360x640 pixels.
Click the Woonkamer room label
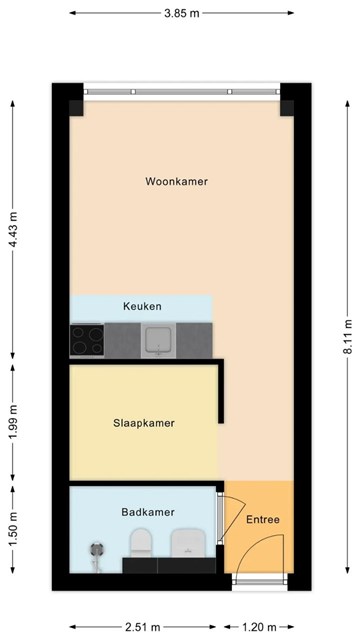click(x=176, y=182)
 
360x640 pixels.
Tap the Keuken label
click(x=142, y=306)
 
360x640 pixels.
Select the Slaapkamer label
click(x=144, y=423)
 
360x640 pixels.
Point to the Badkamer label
click(x=148, y=512)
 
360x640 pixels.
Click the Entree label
click(x=263, y=520)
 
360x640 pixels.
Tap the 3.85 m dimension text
click(x=182, y=13)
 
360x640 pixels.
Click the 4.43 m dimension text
click(x=13, y=230)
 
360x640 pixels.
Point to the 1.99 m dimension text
click(x=13, y=422)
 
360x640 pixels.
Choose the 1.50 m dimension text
click(x=13, y=529)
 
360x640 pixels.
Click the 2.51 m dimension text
click(x=142, y=627)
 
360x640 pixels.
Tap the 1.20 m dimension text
click(x=259, y=627)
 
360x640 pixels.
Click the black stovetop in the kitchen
click(x=87, y=340)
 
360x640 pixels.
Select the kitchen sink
click(x=158, y=340)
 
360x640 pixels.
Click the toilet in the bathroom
click(x=141, y=542)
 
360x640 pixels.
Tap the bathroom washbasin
click(x=187, y=542)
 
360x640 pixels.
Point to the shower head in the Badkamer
click(x=96, y=550)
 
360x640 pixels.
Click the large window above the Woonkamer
click(x=182, y=92)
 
